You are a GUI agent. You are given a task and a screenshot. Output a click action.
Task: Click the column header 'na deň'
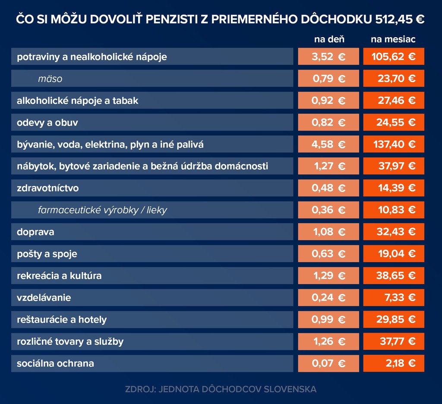click(329, 40)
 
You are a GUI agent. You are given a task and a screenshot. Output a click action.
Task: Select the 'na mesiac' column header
click(393, 40)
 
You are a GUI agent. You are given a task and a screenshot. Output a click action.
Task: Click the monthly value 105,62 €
click(394, 57)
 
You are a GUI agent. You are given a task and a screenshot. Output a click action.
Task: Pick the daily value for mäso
click(328, 79)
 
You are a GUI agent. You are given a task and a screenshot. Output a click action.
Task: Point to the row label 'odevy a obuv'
click(47, 122)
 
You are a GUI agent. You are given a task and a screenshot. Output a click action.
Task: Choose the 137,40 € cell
click(394, 144)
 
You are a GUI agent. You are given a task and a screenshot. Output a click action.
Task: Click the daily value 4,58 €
click(328, 144)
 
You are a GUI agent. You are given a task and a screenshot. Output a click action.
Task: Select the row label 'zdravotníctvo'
click(48, 188)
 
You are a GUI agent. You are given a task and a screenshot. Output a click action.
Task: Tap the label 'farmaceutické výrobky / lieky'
click(102, 210)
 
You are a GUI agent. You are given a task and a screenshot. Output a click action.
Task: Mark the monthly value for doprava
click(394, 232)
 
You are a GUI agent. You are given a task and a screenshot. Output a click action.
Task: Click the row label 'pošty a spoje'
click(47, 254)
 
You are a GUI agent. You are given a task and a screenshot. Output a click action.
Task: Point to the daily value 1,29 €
click(328, 276)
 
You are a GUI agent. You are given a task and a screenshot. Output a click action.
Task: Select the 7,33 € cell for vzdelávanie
click(394, 298)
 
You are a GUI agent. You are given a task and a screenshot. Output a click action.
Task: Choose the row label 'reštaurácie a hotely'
click(62, 320)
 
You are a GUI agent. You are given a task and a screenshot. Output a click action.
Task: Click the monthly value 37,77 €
click(394, 342)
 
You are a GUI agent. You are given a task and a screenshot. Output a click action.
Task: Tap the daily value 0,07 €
click(328, 363)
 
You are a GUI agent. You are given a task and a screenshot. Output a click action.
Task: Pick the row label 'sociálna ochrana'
click(55, 363)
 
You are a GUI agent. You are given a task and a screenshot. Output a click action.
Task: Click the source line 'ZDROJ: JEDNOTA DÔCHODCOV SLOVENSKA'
click(221, 389)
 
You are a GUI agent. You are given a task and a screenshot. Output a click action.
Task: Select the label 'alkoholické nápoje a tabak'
click(78, 101)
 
